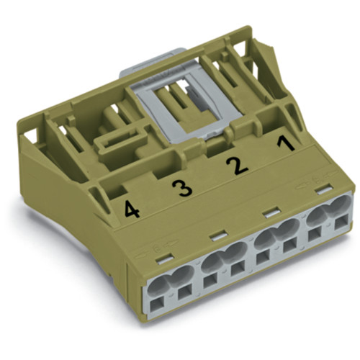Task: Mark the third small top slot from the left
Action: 270,212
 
